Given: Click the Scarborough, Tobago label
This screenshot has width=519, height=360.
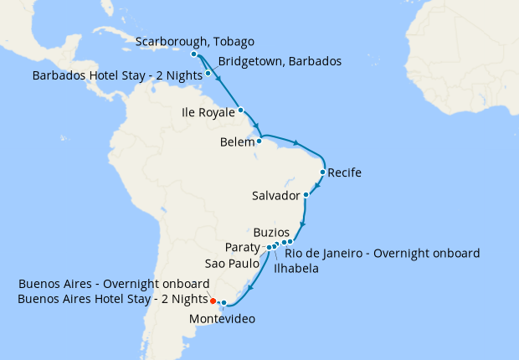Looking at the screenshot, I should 194,42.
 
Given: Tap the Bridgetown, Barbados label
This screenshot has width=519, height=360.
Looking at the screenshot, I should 280,62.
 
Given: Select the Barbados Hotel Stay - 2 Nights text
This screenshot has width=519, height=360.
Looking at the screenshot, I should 117,75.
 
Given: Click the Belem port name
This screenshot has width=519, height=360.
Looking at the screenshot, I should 237,142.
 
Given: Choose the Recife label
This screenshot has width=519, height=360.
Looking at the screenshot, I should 345,174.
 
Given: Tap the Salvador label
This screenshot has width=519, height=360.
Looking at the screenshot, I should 275,196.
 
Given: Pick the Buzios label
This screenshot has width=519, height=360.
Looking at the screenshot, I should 271,232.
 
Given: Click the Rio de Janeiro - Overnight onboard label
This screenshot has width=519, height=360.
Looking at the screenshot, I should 383,253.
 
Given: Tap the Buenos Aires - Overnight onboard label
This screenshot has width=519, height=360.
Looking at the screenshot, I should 114,284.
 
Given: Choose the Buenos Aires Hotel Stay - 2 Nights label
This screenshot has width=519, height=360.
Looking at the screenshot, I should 112,299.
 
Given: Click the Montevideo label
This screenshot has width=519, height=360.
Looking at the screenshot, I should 222,319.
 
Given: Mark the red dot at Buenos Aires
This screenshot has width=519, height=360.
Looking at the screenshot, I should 213,301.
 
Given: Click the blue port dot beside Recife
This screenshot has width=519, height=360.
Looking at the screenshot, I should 323,173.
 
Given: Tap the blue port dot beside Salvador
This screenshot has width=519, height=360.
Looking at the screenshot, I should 306,195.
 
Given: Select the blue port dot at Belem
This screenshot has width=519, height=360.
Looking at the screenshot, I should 259,141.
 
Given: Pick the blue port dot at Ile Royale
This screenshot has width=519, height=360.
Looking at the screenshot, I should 240,110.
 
